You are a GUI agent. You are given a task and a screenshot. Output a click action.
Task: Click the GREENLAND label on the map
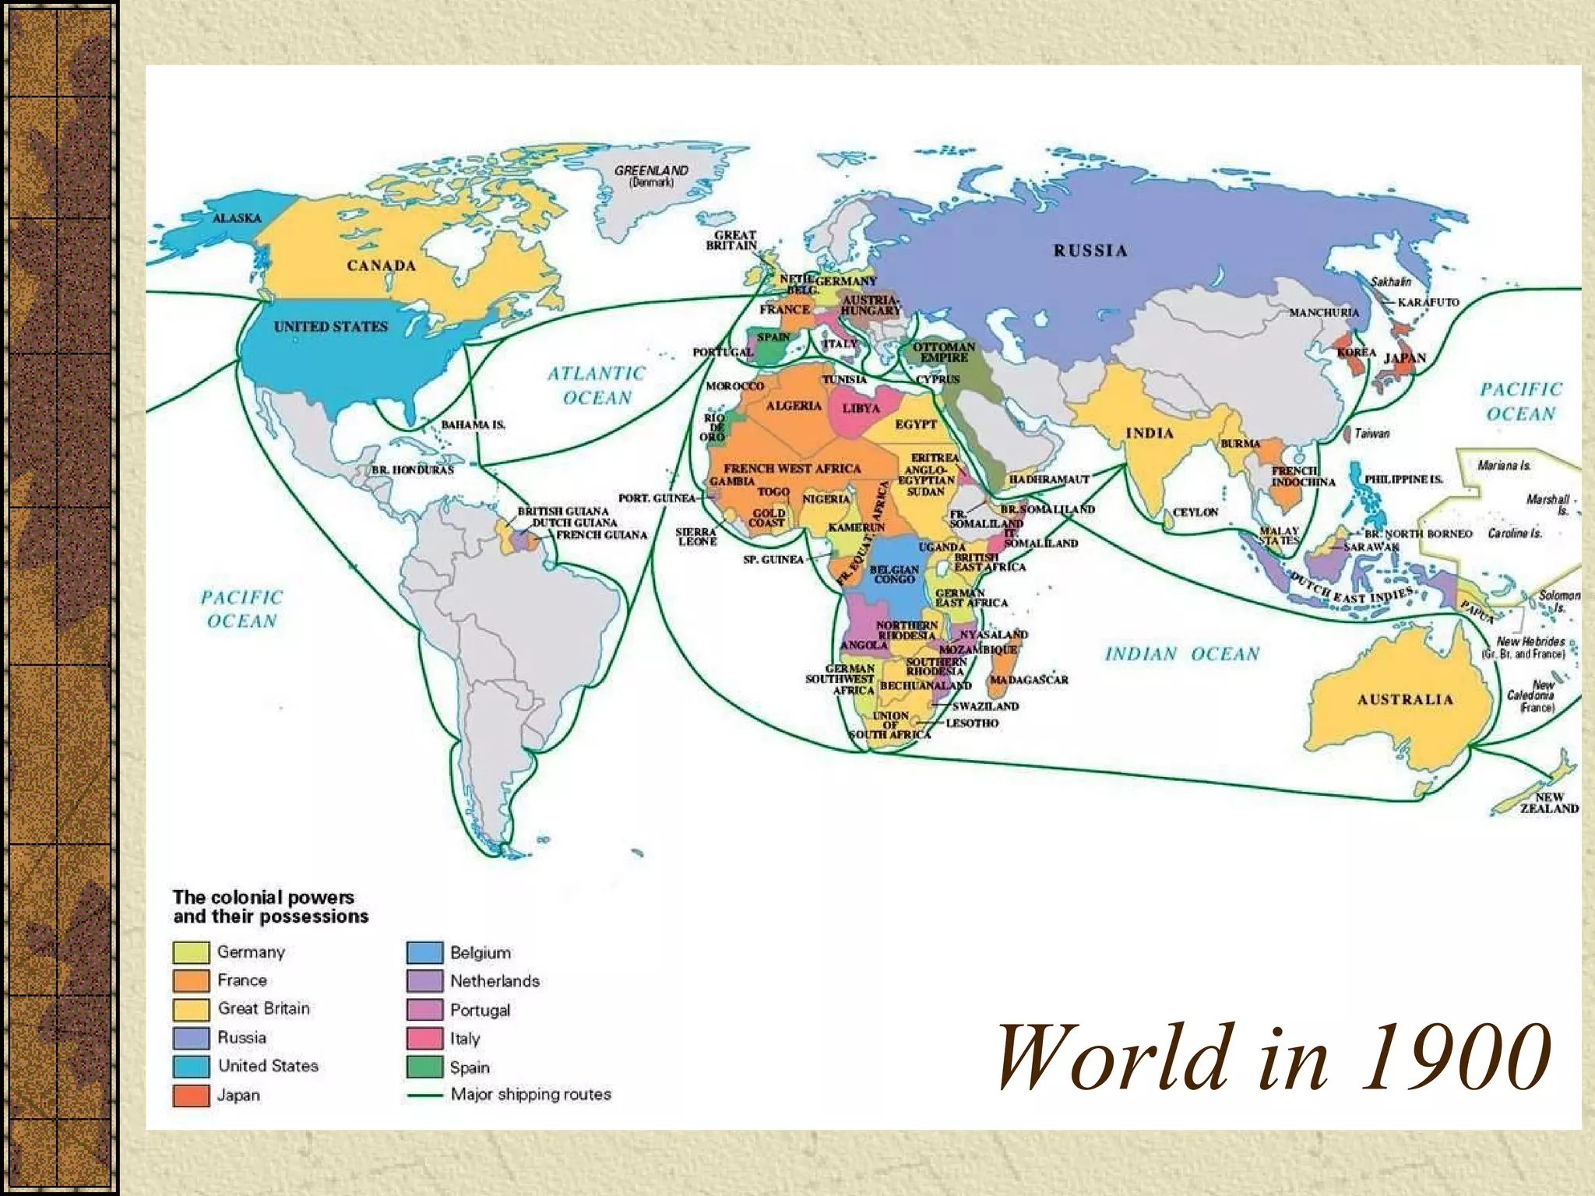pyautogui.click(x=651, y=171)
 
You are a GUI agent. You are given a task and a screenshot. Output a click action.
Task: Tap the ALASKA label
pyautogui.click(x=237, y=218)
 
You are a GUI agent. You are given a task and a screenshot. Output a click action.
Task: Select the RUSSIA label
pyautogui.click(x=1090, y=250)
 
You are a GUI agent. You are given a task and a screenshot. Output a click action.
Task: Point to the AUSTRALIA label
pyautogui.click(x=1405, y=699)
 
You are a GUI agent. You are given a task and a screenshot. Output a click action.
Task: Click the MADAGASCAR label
pyautogui.click(x=1029, y=680)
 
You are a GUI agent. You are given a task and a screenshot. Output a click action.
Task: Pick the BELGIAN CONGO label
pyautogui.click(x=894, y=574)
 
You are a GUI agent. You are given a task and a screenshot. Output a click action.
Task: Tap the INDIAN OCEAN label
pyautogui.click(x=1181, y=654)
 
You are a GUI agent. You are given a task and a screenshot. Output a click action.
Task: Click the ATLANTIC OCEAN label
pyautogui.click(x=597, y=385)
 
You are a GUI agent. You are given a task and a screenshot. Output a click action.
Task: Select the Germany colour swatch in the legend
pyautogui.click(x=191, y=952)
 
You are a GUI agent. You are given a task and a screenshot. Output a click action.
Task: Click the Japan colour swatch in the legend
pyautogui.click(x=191, y=1096)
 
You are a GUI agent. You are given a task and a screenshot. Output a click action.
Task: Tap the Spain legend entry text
pyautogui.click(x=470, y=1068)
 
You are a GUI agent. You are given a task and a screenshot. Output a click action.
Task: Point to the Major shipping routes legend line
pyautogui.click(x=424, y=1096)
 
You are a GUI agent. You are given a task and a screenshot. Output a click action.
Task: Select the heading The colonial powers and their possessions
pyautogui.click(x=270, y=907)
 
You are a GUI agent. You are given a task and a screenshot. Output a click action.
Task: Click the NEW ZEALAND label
pyautogui.click(x=1549, y=803)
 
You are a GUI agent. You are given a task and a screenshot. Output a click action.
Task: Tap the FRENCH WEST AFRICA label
pyautogui.click(x=792, y=469)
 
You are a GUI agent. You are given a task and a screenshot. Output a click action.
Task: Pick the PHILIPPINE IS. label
pyautogui.click(x=1403, y=480)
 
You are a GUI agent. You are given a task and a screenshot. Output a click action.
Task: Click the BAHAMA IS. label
pyautogui.click(x=473, y=425)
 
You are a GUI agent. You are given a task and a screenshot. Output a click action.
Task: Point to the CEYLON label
pyautogui.click(x=1195, y=512)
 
